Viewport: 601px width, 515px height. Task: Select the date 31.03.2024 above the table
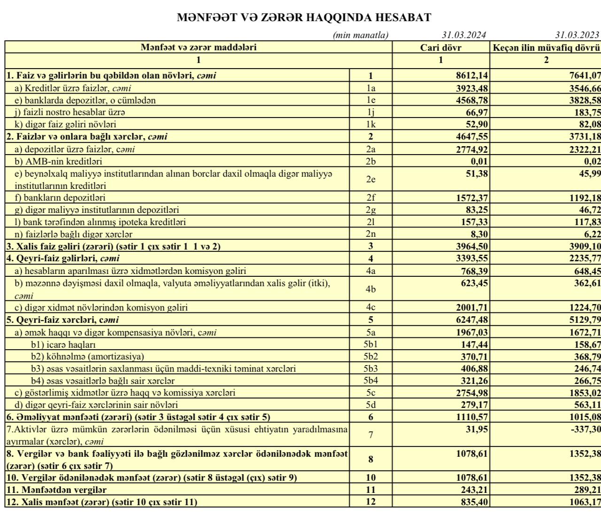[x=463, y=35]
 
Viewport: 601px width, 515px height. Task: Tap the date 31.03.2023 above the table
[x=577, y=35]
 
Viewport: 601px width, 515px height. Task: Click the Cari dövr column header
[x=441, y=47]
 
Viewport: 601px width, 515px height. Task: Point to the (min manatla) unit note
[x=361, y=35]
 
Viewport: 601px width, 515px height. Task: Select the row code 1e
[x=370, y=100]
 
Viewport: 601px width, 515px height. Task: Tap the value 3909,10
[x=583, y=246]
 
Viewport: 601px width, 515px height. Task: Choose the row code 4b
[x=370, y=289]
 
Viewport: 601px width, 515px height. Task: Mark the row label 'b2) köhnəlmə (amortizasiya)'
[x=87, y=357]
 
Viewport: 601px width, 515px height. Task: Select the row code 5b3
[x=370, y=369]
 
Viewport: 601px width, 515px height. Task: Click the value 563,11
[x=585, y=405]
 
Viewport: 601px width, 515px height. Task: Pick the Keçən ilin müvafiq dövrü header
[x=546, y=47]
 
